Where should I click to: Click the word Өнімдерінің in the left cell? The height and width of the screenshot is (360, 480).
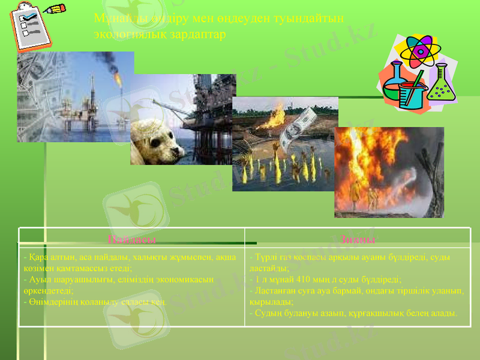point(49,302)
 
